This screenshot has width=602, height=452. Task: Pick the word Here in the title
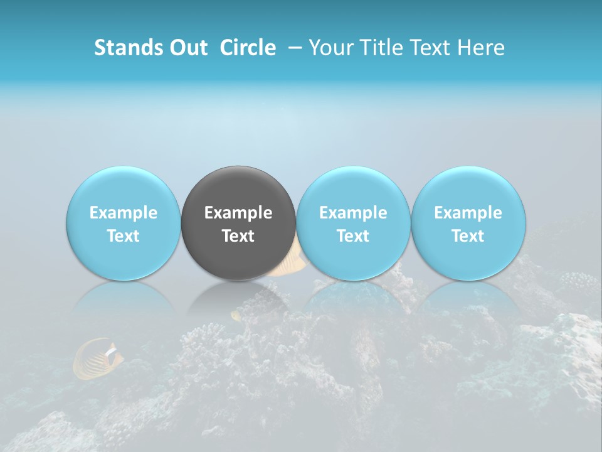click(x=482, y=48)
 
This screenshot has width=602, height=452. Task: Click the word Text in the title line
click(x=430, y=48)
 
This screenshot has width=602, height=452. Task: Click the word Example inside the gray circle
click(x=238, y=213)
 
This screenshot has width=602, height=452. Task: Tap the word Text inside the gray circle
click(x=238, y=236)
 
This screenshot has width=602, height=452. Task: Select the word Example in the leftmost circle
click(x=124, y=213)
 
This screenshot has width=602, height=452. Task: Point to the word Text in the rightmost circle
click(x=468, y=236)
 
